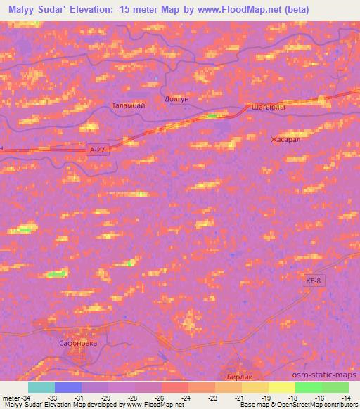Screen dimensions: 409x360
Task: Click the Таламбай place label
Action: tap(127, 106)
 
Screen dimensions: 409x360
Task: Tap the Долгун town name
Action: tap(176, 100)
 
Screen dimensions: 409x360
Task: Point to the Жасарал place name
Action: tap(285, 140)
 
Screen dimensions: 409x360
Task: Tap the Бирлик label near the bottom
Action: tap(238, 377)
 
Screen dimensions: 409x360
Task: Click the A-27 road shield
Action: tap(99, 150)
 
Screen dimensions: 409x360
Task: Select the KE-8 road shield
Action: tap(315, 280)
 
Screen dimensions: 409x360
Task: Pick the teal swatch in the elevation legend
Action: tap(41, 387)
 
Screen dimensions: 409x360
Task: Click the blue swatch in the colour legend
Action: tap(68, 387)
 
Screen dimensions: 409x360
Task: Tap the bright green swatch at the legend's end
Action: tap(335, 387)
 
